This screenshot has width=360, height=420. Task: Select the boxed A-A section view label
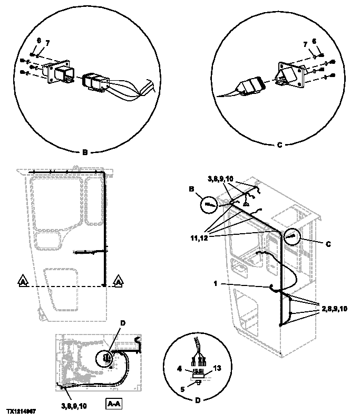pos(114,404)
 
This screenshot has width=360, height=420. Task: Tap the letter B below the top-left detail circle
pos(84,153)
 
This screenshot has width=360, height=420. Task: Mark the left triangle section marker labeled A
pos(22,282)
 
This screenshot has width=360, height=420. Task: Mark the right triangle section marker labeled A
pos(119,282)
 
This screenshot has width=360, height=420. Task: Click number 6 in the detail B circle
pos(38,40)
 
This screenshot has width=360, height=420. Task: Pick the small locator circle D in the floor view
pos(106,358)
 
